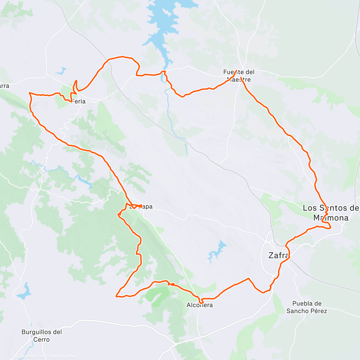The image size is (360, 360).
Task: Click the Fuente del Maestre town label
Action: click(239, 76)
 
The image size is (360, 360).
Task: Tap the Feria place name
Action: click(79, 101)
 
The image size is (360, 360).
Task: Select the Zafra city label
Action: click(279, 256)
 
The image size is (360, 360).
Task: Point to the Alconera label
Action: click(200, 305)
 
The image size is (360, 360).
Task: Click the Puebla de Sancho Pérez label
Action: click(307, 307)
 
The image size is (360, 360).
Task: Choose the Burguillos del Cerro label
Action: click(42, 336)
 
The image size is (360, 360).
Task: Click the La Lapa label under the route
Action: click(141, 206)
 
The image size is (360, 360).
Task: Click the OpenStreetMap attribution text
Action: click(63, 356)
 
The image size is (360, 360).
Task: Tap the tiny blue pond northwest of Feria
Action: click(61, 71)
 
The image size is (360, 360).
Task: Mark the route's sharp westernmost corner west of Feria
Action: click(29, 93)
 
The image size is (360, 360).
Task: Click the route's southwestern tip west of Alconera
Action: click(116, 296)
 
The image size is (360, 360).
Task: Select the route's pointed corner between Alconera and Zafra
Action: click(248, 278)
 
